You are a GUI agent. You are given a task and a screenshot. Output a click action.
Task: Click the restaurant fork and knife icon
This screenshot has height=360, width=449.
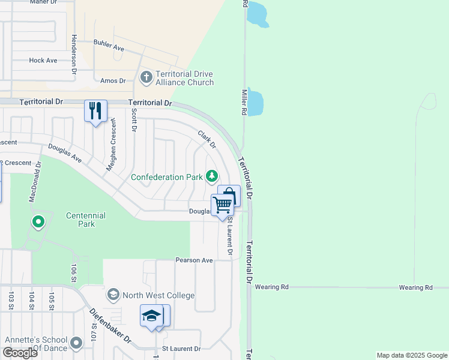(95, 111)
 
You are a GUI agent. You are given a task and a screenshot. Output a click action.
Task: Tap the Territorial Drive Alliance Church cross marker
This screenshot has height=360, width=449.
(146, 77)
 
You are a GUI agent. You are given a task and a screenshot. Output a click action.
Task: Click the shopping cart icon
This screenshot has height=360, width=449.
(222, 205)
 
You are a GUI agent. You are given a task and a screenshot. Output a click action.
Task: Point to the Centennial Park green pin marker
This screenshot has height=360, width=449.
(38, 223)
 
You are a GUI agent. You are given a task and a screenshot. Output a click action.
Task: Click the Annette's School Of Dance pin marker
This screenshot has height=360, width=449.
(76, 343)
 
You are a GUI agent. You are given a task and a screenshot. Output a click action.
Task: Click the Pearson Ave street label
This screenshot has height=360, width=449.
(194, 260)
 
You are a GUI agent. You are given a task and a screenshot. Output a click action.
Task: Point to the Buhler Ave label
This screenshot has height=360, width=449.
(108, 43)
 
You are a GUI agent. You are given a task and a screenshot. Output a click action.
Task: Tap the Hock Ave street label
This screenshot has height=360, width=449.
(43, 61)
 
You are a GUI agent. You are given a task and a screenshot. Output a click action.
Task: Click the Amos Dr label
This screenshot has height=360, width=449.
(113, 81)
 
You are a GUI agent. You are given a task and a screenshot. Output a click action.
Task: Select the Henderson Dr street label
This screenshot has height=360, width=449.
(75, 53)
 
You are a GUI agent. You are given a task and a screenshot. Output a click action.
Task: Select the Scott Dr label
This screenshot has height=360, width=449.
(134, 120)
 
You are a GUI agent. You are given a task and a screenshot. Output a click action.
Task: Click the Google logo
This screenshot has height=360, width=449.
(20, 353)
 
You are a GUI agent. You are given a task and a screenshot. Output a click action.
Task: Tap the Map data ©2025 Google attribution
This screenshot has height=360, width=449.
(411, 355)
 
